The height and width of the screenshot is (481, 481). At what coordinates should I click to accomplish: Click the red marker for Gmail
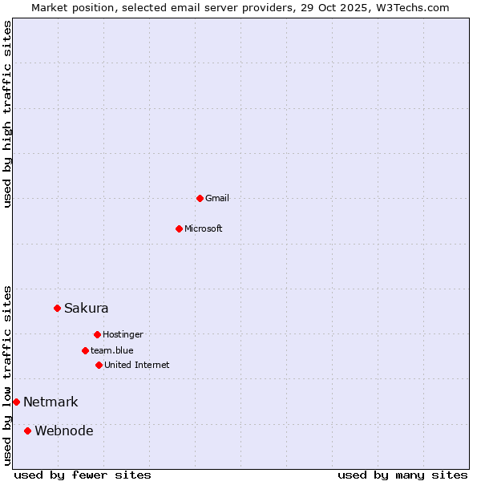pos(200,198)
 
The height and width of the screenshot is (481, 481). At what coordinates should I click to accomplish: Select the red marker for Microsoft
pos(179,228)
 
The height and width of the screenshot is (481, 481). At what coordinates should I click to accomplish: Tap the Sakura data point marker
pos(57,308)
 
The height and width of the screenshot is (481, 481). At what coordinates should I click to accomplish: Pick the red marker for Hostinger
pos(97,334)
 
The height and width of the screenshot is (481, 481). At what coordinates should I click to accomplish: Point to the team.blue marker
pos(85,350)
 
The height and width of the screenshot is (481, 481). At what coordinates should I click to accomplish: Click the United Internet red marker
pos(99,365)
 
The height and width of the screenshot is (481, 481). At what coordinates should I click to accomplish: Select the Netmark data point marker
pos(16,402)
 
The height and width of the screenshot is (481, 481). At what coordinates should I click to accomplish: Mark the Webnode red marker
pos(27,430)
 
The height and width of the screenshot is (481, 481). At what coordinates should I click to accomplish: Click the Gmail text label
pos(217,198)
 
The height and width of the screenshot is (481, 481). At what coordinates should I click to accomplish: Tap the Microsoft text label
pos(204,228)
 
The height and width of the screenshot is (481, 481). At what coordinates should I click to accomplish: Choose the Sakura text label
pos(87,308)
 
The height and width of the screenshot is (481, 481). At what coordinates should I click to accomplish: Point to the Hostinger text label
pos(123,334)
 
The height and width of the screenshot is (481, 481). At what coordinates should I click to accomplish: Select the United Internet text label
pos(137,365)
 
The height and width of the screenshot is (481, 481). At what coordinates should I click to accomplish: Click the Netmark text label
pos(51,402)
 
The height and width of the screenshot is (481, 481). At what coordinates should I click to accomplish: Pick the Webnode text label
pos(64,430)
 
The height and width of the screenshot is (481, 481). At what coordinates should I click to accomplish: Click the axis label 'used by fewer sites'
pos(83,475)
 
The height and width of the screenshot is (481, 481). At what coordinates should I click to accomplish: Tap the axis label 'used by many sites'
pos(402,475)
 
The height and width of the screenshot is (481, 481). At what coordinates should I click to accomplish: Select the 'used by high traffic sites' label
pos(7,114)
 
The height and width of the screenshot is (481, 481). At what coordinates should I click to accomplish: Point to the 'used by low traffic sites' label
pos(7,374)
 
